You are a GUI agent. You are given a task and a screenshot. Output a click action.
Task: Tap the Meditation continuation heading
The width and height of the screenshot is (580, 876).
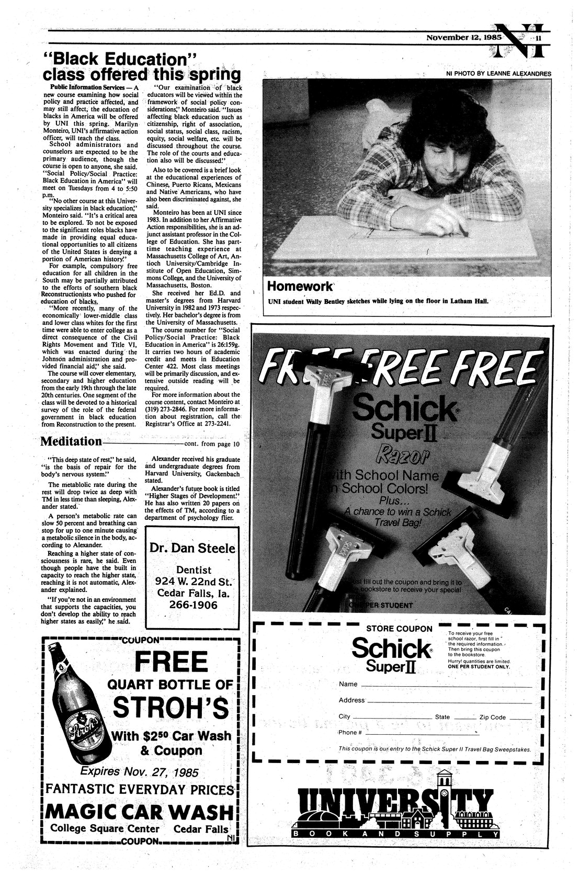(x=72, y=441)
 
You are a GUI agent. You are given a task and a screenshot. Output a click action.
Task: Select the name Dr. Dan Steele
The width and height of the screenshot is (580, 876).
(x=193, y=548)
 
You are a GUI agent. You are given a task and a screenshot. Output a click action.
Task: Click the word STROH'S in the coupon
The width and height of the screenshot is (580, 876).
(x=171, y=708)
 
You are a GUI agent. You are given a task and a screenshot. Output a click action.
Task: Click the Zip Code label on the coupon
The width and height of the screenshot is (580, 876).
(x=492, y=717)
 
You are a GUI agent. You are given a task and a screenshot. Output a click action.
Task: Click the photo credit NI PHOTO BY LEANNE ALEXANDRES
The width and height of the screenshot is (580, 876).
(x=498, y=73)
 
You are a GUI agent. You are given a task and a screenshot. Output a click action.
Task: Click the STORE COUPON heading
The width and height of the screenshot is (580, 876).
(x=399, y=629)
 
